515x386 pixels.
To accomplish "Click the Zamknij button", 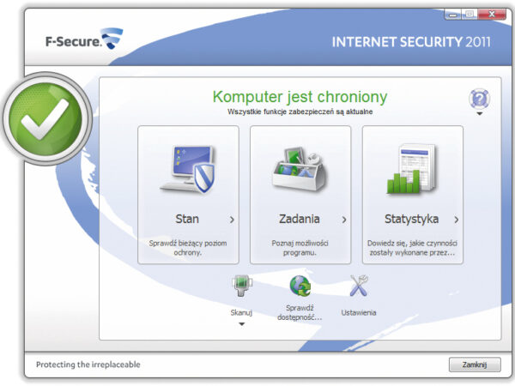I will coord(473,365).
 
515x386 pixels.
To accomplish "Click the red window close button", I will coord(492,14).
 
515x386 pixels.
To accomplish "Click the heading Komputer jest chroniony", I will coord(300,97).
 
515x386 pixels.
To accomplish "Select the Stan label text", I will coord(186,219).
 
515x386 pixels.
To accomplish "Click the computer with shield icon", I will coord(188,169).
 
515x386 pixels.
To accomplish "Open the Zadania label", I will coord(300,219).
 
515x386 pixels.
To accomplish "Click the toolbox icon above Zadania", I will coord(300,170).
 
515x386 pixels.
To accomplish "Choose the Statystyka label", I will coord(411,219).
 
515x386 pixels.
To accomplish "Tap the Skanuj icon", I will coord(241,286).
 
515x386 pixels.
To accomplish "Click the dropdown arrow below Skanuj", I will coord(241,324).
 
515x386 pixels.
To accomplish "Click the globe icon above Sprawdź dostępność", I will coord(300,286).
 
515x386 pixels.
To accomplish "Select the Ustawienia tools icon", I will coord(358,286).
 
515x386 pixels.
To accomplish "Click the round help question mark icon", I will coord(479,98).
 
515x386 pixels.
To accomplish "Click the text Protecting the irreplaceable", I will coord(88,365).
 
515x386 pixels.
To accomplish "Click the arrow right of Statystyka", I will coord(457,220).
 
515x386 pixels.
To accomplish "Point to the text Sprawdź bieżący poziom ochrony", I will coord(187,248).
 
